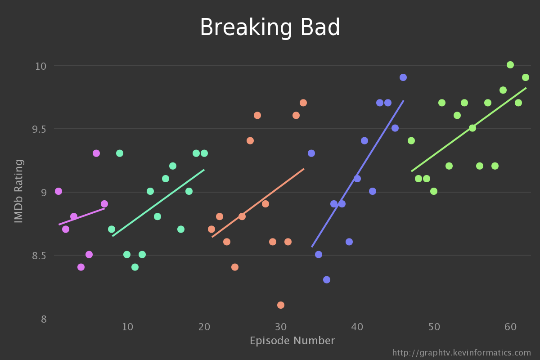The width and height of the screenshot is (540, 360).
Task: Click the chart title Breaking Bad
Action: tap(270, 28)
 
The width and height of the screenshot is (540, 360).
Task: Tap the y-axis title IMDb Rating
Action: tap(18, 191)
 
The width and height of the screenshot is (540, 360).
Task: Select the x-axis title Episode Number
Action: tap(292, 341)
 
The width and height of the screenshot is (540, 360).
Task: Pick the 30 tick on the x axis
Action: tap(281, 326)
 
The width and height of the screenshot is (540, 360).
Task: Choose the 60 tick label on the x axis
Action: tap(510, 326)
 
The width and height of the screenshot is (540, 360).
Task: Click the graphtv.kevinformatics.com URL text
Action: tap(462, 353)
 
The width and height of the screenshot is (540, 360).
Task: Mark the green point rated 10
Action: tap(510, 65)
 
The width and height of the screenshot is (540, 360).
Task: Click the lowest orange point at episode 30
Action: tap(281, 305)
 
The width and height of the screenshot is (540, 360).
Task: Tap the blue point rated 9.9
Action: tap(403, 77)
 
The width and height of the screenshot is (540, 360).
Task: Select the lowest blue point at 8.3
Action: tap(327, 280)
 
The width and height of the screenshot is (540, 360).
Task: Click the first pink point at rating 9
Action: tap(58, 191)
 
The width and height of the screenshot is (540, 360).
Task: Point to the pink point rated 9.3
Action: tap(96, 153)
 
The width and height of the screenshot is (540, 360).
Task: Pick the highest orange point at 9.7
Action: tap(303, 103)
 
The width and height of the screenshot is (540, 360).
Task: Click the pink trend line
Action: tap(81, 216)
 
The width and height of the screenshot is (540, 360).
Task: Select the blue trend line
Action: tap(358, 174)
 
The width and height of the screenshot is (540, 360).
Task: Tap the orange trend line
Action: tap(258, 203)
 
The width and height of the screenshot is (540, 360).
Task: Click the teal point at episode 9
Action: tap(120, 153)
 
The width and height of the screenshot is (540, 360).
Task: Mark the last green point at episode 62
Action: tap(526, 77)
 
